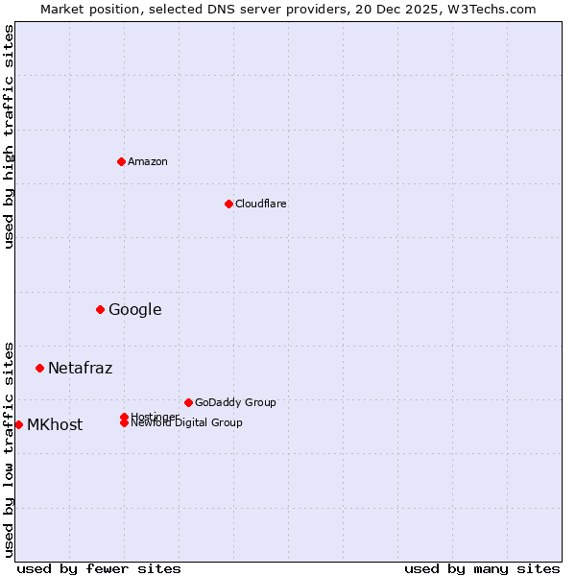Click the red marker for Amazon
point(121,161)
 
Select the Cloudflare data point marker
point(228,204)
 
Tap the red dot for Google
point(100,309)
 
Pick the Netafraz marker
point(39,368)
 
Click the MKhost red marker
point(18,424)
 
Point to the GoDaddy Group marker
point(188,402)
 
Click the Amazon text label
point(148,161)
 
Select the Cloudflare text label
point(260,204)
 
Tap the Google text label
point(134,309)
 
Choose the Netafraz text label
point(80,368)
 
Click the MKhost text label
point(55,424)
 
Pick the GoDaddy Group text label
point(235,402)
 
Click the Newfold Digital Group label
point(186,423)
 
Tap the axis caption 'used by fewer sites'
point(99,568)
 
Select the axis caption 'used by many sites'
point(482,568)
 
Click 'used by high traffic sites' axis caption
point(9,136)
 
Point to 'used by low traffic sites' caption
point(9,448)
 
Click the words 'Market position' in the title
point(86,9)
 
